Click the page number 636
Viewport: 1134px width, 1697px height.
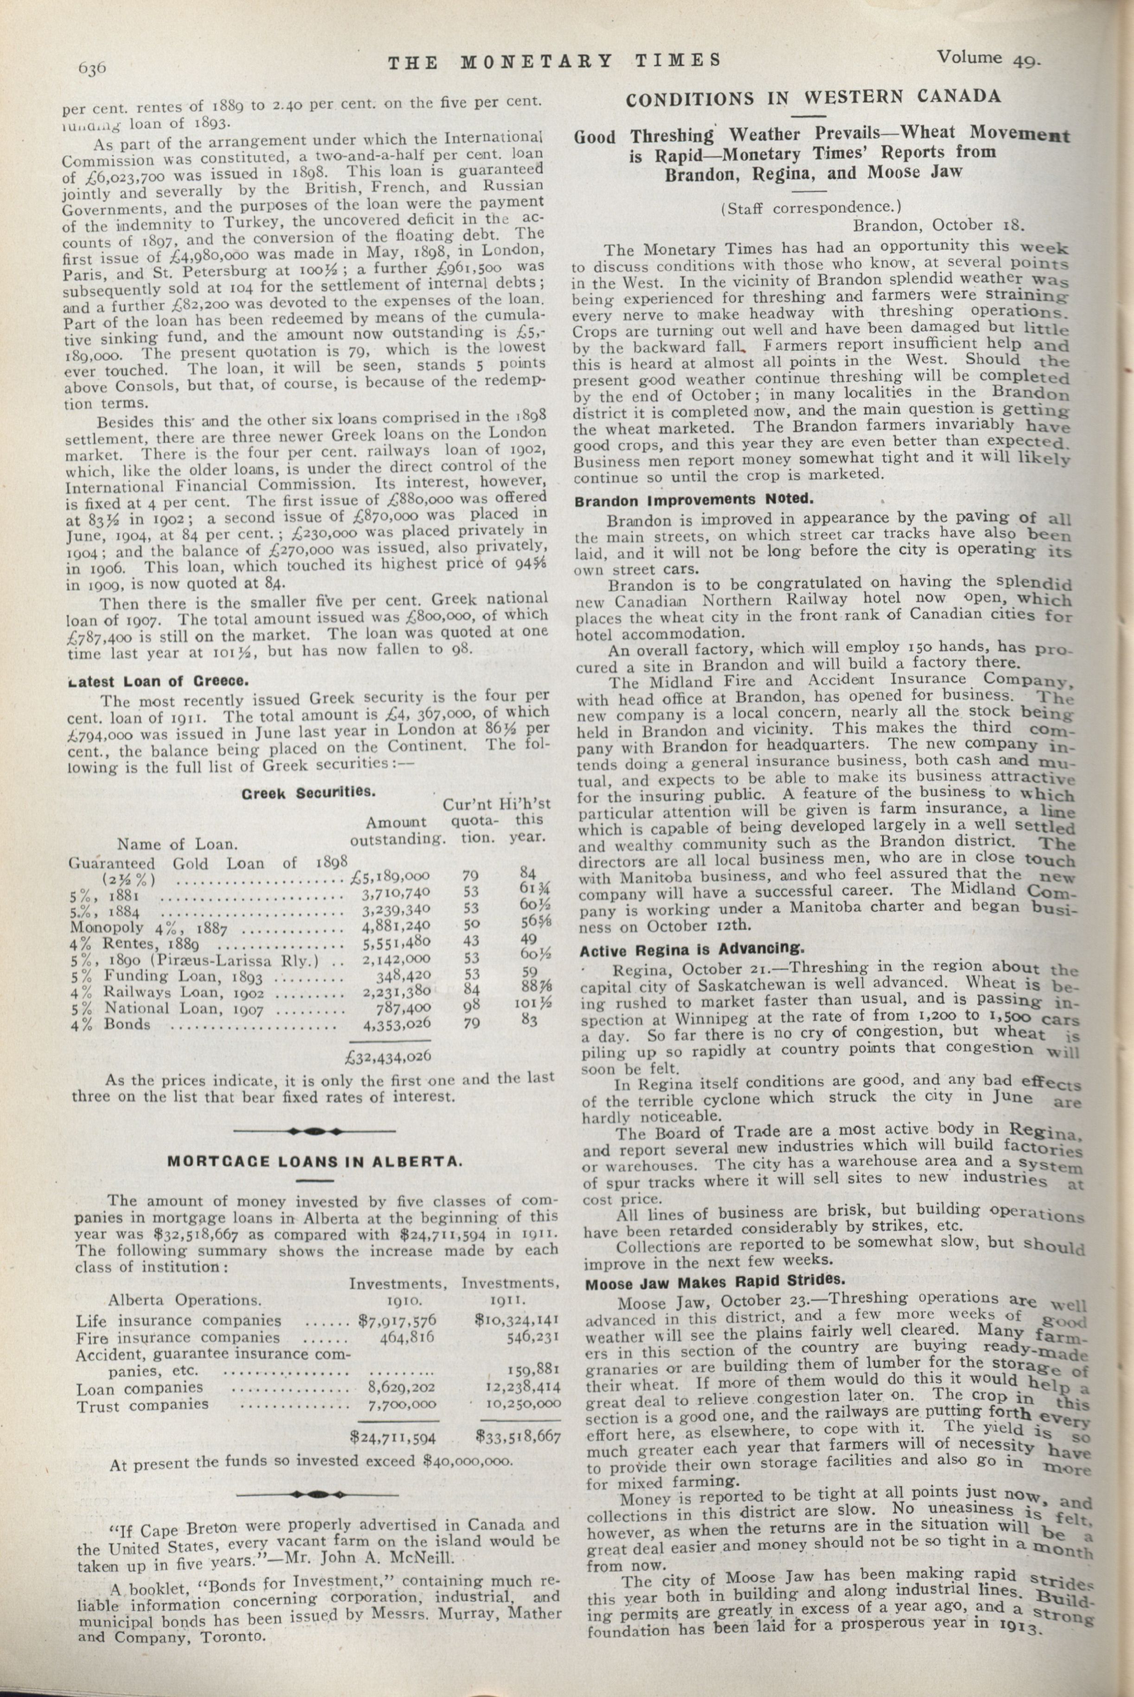(92, 68)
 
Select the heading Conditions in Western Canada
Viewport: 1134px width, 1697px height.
(814, 98)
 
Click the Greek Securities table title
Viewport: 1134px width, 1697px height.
(308, 792)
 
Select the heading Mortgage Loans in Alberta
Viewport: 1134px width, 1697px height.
(314, 1162)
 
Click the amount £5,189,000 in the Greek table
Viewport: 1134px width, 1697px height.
(390, 877)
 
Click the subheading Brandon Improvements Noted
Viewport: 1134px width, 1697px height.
(694, 500)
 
